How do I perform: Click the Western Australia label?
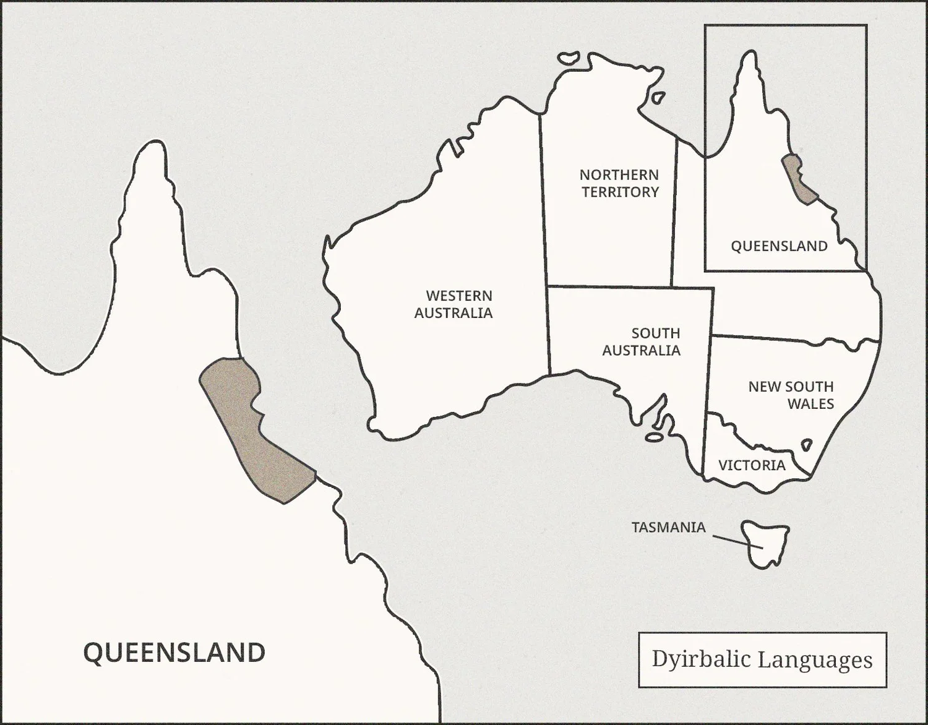[453, 304]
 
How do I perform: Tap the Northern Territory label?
[619, 183]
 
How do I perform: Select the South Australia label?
[642, 341]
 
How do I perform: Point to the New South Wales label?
[791, 395]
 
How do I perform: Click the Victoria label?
[752, 465]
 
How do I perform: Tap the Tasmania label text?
[668, 528]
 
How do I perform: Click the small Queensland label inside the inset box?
[779, 246]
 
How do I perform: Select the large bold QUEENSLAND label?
[174, 653]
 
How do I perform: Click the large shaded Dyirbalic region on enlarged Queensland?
[254, 427]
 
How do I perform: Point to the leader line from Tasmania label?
[736, 541]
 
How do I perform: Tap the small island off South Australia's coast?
[654, 437]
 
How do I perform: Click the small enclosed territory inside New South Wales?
[806, 444]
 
